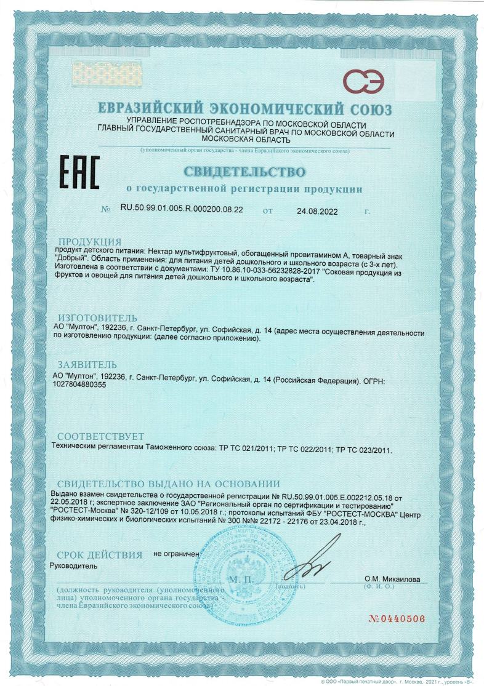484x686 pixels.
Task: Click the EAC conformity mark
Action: pos(78,172)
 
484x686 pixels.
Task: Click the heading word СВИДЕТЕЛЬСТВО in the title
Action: pos(244,169)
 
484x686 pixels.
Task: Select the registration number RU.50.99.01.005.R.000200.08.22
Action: pos(182,210)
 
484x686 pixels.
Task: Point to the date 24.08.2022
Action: pos(318,210)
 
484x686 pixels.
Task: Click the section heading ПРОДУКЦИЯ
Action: pos(89,241)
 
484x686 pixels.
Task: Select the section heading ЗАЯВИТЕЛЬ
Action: pos(86,365)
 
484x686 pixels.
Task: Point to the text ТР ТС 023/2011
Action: pos(362,450)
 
